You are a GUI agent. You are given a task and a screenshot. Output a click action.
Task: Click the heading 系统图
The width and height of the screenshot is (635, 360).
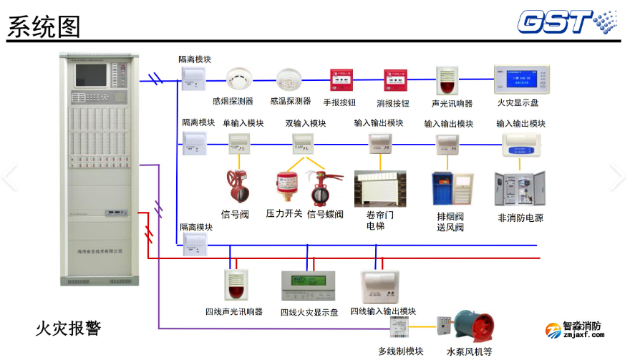(44, 26)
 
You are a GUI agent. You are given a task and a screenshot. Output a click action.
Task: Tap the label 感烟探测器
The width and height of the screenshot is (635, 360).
(233, 102)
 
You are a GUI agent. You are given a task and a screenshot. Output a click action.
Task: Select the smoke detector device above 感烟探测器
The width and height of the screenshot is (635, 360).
(237, 78)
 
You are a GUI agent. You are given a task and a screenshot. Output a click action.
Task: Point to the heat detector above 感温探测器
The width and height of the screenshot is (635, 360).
(290, 78)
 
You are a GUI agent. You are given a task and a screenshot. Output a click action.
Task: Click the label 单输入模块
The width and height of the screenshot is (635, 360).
(243, 123)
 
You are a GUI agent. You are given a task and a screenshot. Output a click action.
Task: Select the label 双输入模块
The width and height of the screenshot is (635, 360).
(306, 123)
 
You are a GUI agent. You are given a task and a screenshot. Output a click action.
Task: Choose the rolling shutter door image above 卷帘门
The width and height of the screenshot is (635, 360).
(380, 189)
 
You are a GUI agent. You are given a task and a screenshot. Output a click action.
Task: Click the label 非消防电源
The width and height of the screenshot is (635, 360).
(520, 218)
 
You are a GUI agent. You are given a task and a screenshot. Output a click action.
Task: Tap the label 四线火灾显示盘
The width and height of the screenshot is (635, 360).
(309, 313)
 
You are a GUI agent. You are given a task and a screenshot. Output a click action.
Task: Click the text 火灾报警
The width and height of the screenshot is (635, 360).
(69, 329)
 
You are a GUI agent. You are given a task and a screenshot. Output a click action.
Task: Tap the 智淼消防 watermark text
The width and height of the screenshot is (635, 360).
(582, 326)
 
